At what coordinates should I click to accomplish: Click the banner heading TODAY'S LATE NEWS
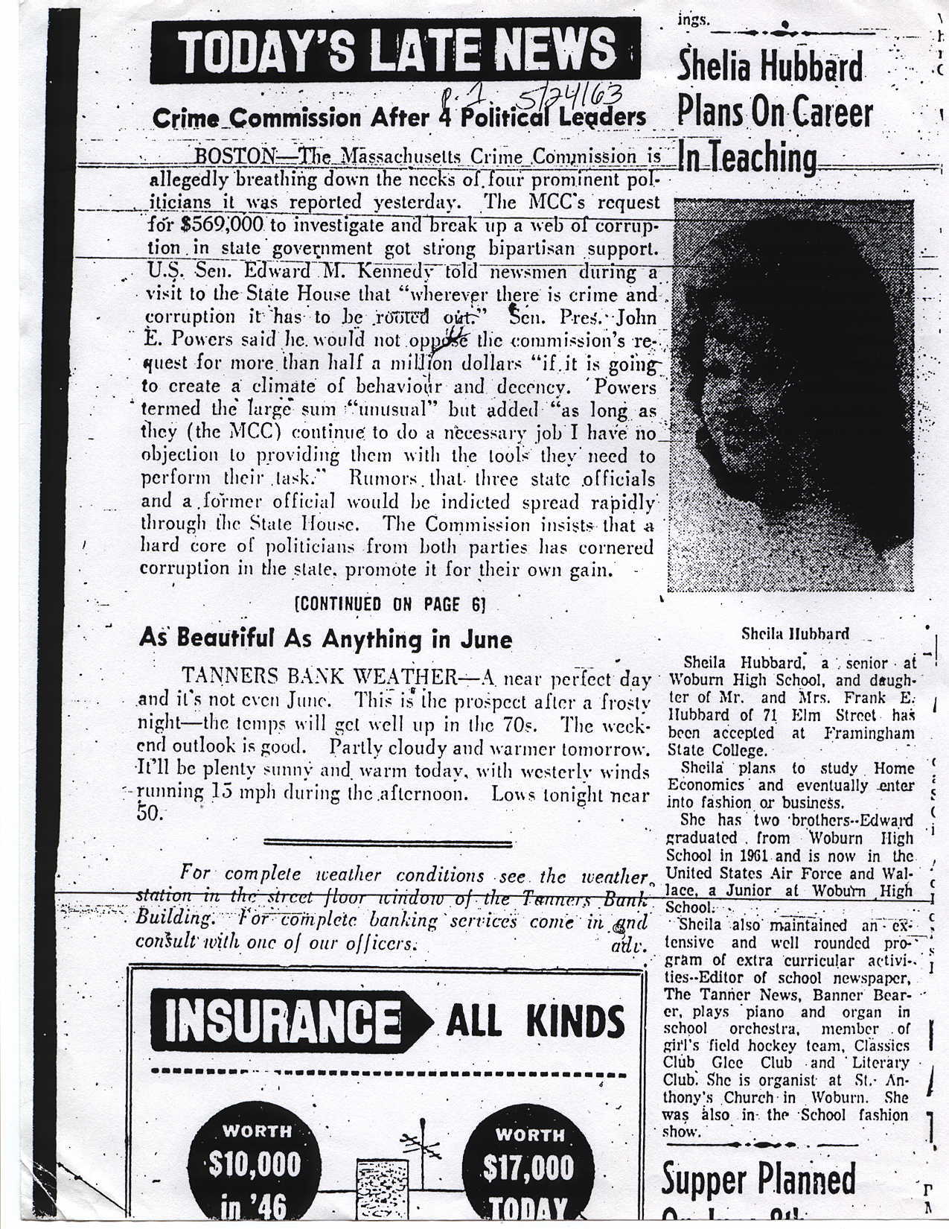pyautogui.click(x=394, y=51)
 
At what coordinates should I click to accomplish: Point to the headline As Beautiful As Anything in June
pyautogui.click(x=325, y=638)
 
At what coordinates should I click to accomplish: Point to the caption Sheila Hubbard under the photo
pyautogui.click(x=795, y=635)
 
